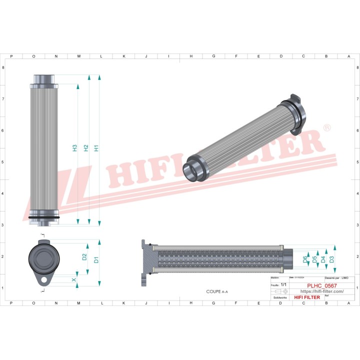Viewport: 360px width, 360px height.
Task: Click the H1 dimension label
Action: [x=97, y=148]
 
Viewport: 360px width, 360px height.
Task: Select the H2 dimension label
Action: [x=86, y=148]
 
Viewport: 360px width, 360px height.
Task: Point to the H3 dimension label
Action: [x=74, y=148]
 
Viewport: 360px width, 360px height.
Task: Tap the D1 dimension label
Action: [x=96, y=260]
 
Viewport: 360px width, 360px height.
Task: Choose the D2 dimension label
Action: [x=84, y=257]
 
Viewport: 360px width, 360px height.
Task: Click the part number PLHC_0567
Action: [x=322, y=285]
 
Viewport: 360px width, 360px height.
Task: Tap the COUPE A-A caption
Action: [x=217, y=291]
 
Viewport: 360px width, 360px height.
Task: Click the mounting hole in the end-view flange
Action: [x=44, y=279]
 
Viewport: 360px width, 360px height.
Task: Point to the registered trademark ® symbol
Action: [x=327, y=128]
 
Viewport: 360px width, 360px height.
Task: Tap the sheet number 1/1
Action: [x=283, y=284]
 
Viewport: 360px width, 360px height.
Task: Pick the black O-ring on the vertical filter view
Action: [x=44, y=217]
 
